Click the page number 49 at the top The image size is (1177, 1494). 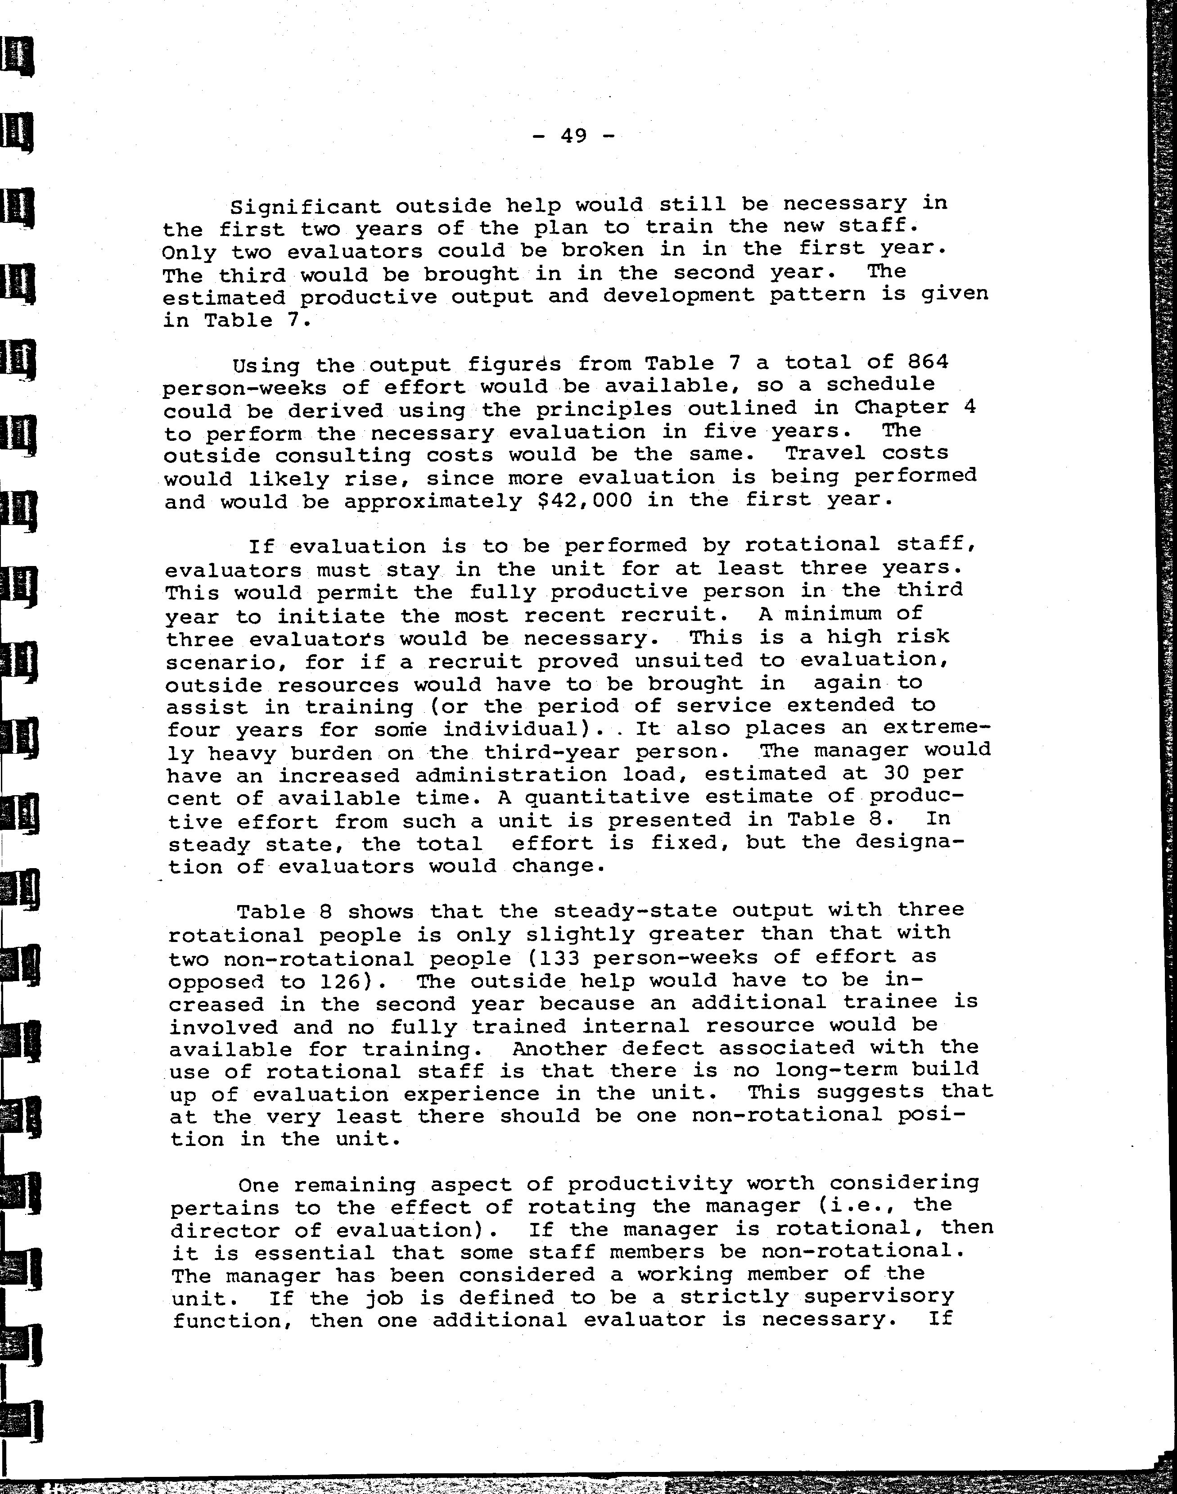(x=573, y=136)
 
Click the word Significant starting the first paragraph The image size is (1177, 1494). (x=305, y=206)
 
